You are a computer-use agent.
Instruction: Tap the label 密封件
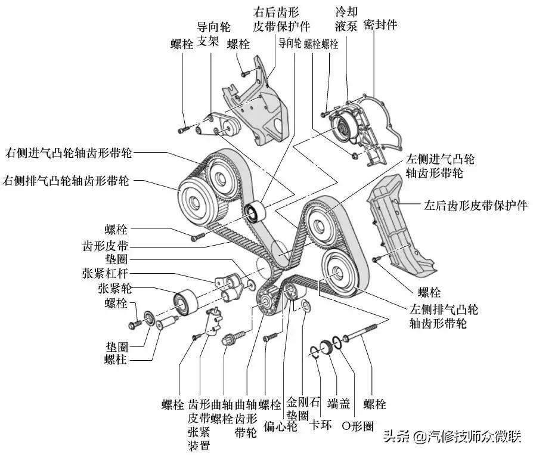(x=383, y=24)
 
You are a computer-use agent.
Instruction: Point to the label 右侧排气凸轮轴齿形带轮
(x=66, y=179)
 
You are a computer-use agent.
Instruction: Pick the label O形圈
(x=357, y=426)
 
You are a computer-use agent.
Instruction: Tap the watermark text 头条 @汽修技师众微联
(x=453, y=437)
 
